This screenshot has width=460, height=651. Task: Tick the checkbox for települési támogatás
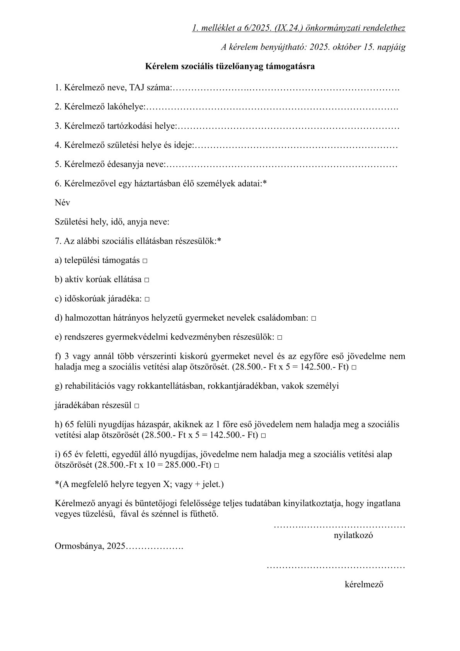tap(145, 261)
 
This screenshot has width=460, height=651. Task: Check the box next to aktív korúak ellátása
tap(147, 280)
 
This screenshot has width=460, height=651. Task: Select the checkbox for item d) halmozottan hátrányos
tap(313, 319)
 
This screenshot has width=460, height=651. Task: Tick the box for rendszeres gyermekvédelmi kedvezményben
tap(279, 338)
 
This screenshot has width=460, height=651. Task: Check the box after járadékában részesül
tap(136, 407)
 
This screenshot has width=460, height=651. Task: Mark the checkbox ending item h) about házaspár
tap(263, 436)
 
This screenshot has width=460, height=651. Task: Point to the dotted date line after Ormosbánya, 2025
tap(154, 547)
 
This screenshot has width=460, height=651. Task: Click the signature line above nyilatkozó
tap(339, 526)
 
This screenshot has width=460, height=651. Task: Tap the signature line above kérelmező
tap(336, 567)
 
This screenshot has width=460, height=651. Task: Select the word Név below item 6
tap(62, 203)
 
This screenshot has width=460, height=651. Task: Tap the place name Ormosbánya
tap(79, 547)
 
